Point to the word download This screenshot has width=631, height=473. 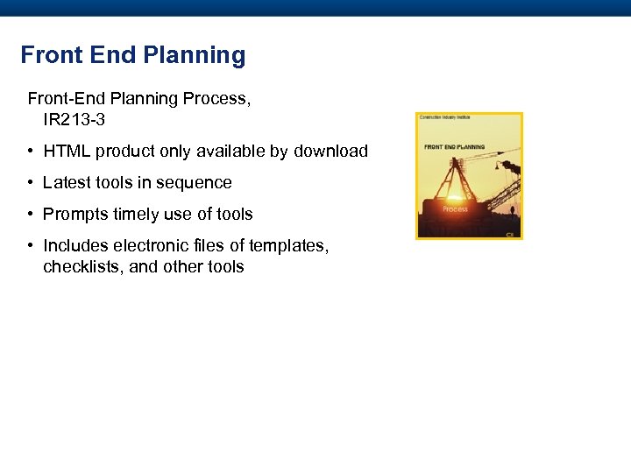tap(330, 152)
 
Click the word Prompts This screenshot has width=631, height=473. tap(75, 215)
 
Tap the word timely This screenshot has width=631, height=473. tap(137, 215)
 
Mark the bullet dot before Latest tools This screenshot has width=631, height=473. tap(31, 183)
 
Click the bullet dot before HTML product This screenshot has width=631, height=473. tap(31, 152)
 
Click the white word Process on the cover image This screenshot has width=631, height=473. tap(455, 209)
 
